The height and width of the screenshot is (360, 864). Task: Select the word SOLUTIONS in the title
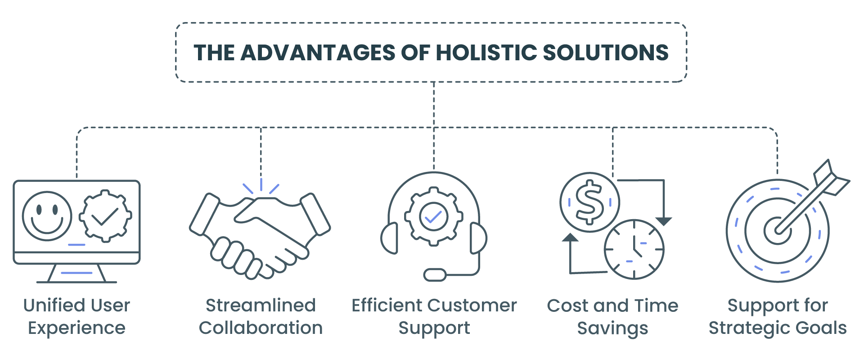point(606,53)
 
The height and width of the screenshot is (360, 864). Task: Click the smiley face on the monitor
point(47,216)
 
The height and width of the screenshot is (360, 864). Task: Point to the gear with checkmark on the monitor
point(105,216)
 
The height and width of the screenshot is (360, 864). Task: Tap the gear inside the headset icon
point(433,216)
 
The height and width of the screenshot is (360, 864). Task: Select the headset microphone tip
point(435,274)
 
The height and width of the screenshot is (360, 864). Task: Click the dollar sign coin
point(589,202)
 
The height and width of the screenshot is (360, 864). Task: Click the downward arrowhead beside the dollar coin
point(663,221)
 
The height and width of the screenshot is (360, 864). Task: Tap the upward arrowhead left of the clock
point(570,237)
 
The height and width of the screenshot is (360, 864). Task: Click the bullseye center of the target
point(777,230)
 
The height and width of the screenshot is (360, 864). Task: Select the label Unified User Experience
point(76,316)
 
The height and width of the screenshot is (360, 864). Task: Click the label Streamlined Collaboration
point(261,316)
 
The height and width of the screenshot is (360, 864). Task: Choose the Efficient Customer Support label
point(434,316)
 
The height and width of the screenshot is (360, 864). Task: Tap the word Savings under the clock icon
point(612,328)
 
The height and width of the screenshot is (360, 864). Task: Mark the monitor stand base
point(76,281)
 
